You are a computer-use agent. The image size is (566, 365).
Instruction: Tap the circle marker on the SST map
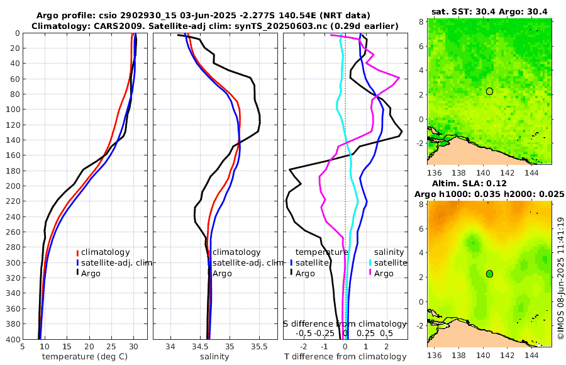tap(489, 91)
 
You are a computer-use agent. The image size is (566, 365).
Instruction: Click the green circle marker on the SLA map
tap(489, 274)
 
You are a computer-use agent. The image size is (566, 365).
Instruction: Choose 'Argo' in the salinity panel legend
tap(222, 274)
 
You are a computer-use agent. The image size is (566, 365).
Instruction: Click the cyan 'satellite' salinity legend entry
tap(389, 263)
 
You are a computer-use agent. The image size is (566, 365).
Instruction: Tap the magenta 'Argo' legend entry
tap(384, 274)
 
